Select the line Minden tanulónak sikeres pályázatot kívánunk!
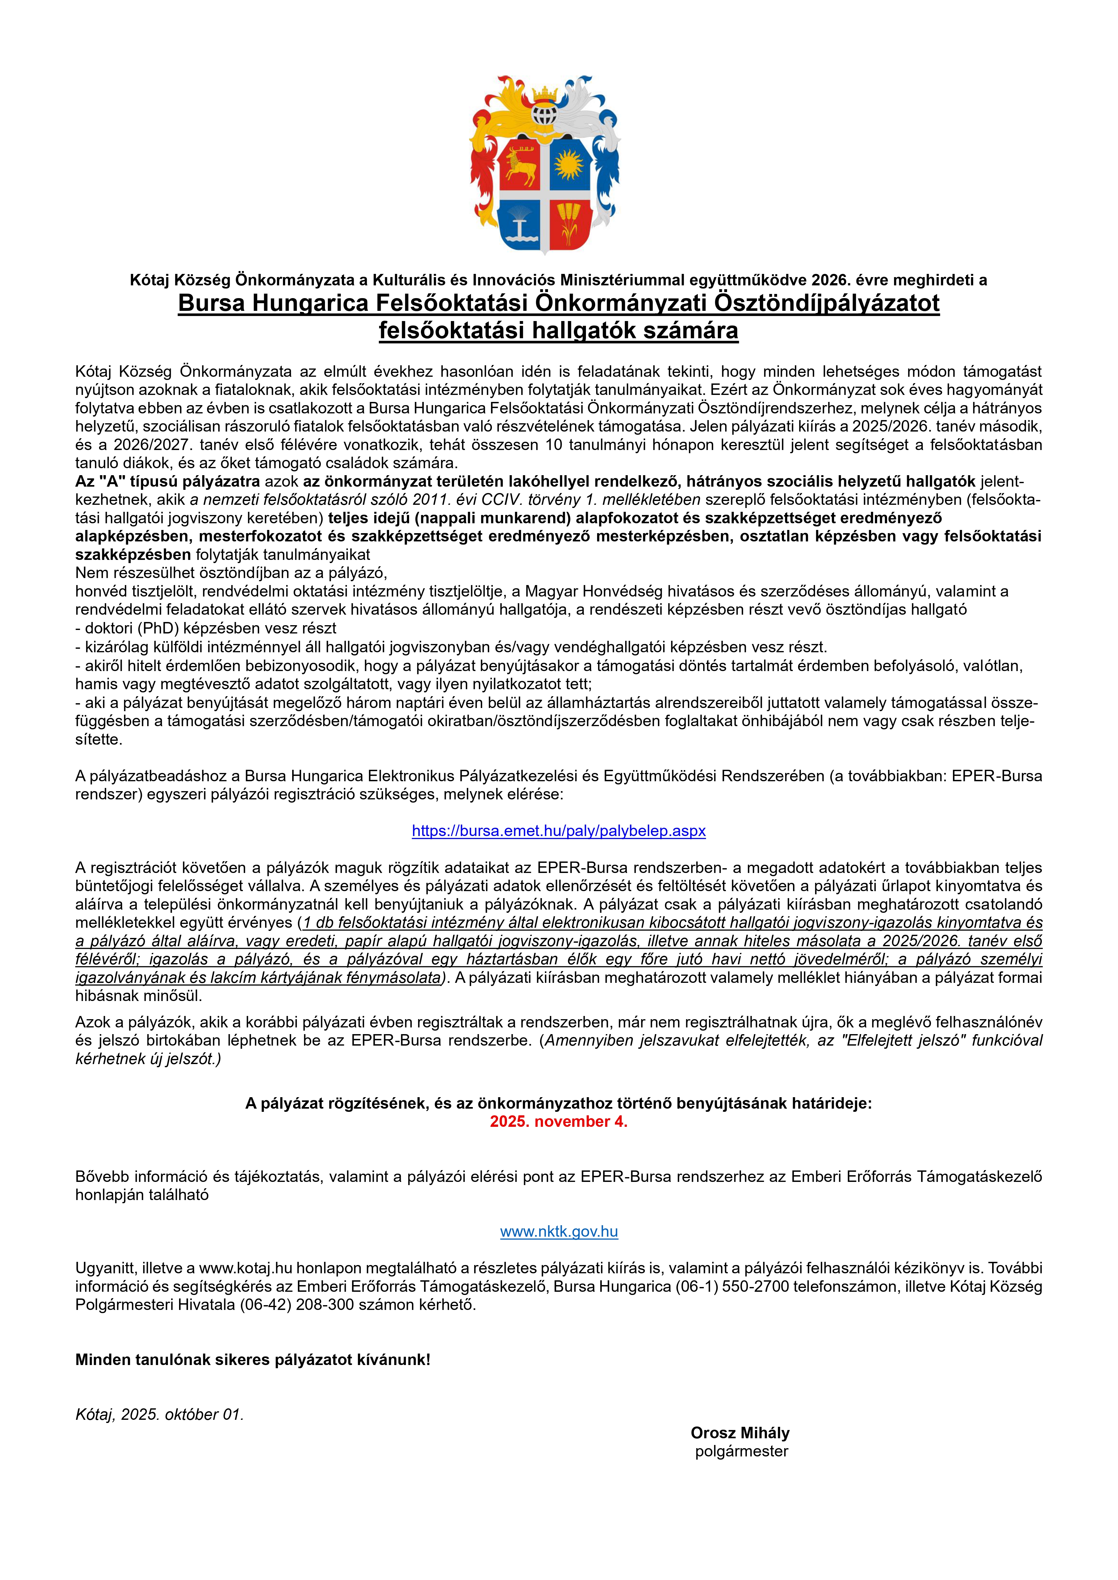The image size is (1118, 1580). point(253,1360)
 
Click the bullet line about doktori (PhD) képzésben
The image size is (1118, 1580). point(206,628)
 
